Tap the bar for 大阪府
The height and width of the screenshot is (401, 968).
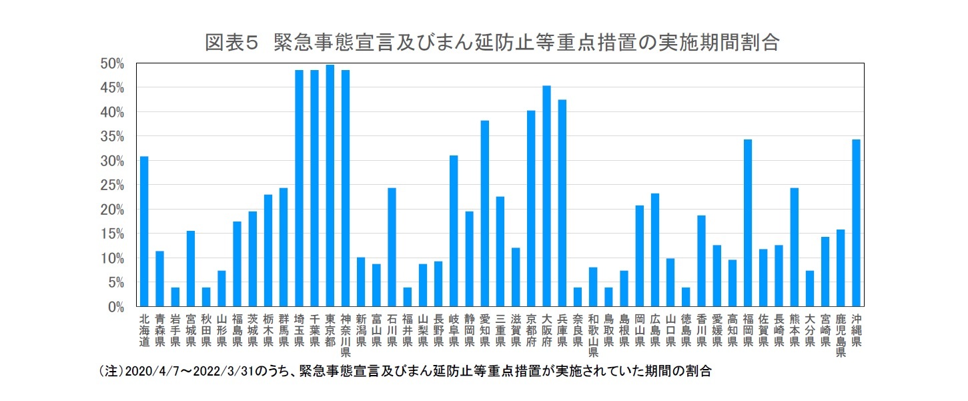click(546, 196)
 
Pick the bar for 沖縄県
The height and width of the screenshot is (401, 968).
click(856, 223)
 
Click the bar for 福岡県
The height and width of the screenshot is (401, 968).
click(748, 223)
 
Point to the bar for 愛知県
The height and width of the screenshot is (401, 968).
click(484, 214)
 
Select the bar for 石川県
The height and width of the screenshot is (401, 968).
click(392, 248)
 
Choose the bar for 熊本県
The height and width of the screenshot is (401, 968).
click(794, 248)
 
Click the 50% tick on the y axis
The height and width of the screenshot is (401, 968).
click(112, 63)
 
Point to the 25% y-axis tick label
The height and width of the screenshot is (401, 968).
click(112, 185)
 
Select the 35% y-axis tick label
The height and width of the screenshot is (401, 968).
click(112, 137)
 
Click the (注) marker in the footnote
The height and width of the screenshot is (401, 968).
click(110, 372)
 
